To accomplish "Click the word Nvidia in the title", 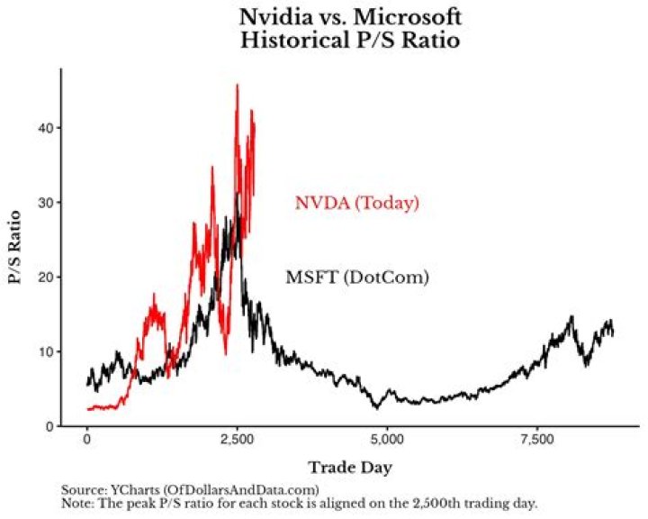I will tap(272, 16).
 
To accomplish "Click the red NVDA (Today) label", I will tap(357, 203).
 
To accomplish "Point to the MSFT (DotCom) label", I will tap(356, 278).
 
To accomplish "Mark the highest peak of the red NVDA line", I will tap(237, 86).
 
